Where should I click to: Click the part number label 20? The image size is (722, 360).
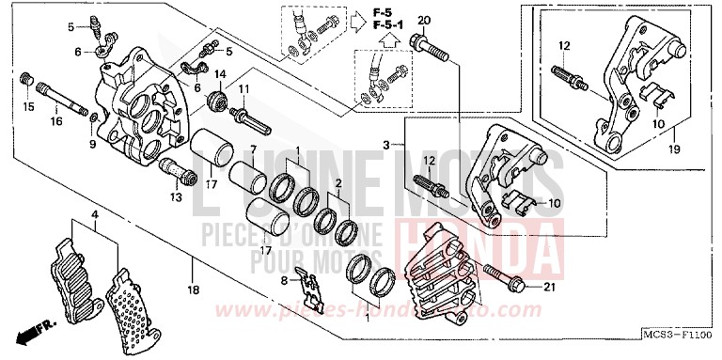(x=423, y=21)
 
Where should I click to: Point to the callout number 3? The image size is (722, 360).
(x=385, y=143)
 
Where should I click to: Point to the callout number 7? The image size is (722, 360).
(x=253, y=150)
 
